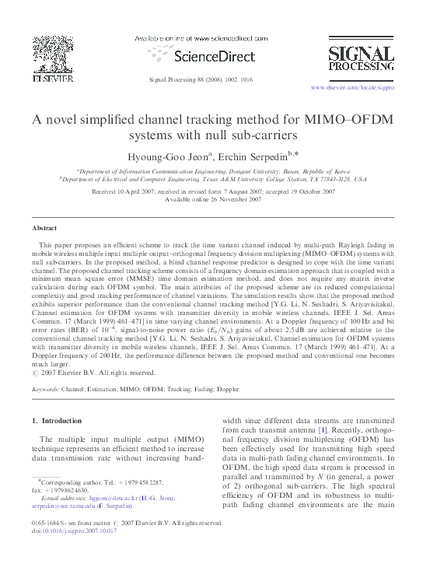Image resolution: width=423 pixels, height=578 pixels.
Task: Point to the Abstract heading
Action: point(44,229)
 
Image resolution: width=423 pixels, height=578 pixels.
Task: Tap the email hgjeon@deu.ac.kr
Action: point(112,499)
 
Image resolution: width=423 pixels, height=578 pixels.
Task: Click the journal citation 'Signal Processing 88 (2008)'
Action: point(186,80)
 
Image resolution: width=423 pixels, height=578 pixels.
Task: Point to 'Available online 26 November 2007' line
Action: point(211,200)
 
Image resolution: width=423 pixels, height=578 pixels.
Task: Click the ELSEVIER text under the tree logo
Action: point(52,79)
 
